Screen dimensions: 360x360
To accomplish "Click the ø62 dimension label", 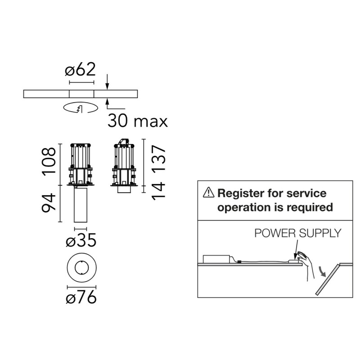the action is (x=80, y=69).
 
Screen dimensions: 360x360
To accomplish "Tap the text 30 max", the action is (x=138, y=121).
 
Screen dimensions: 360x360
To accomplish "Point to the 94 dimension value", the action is (x=49, y=202).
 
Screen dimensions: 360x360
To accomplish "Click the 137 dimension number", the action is (x=159, y=158).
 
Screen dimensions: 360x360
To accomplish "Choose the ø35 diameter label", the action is (x=81, y=240).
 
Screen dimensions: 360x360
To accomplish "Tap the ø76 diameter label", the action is (x=81, y=297).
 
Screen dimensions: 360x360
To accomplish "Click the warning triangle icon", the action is (x=208, y=192).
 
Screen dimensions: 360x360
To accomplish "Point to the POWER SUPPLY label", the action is (x=298, y=233).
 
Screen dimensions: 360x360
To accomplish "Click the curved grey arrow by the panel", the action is (x=322, y=271).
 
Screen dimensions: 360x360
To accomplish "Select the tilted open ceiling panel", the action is (x=328, y=279).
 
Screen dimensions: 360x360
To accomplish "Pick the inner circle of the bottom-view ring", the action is (x=81, y=268).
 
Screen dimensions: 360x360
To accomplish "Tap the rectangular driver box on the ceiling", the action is (x=216, y=259).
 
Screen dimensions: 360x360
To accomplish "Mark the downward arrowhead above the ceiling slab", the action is (x=107, y=86).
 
